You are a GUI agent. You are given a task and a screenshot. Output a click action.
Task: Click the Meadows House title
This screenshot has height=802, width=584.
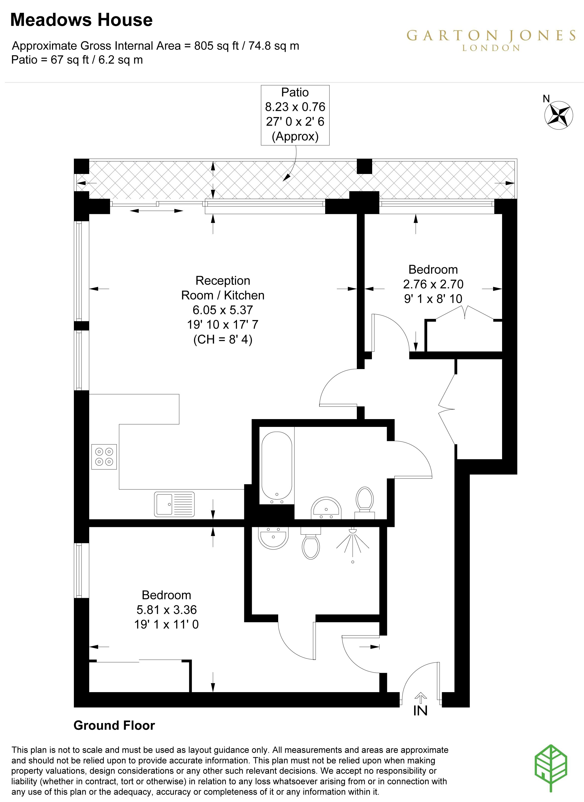pos(81,20)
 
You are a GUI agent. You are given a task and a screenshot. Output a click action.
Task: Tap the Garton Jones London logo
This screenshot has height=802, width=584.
pos(491,40)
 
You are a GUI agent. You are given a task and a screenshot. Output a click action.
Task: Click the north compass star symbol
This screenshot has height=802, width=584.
pos(560,114)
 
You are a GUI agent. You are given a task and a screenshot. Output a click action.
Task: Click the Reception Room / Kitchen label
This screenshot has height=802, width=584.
pos(223,288)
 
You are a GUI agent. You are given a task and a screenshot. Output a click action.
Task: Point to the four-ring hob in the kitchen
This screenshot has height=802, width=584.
pos(104,457)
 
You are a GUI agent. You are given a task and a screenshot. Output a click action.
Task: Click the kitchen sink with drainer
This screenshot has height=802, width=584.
pos(174,504)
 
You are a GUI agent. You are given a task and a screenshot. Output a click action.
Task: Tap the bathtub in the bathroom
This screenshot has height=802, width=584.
pos(277,468)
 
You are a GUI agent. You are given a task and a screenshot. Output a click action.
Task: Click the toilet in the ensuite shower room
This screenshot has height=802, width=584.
pos(311,543)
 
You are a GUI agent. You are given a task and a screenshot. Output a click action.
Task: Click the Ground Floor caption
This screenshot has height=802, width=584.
pos(114,725)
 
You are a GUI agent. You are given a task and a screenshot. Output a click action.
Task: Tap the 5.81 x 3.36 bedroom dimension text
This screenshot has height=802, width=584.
pos(167,610)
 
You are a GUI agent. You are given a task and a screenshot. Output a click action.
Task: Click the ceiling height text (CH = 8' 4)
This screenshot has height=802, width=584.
pos(223,339)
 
